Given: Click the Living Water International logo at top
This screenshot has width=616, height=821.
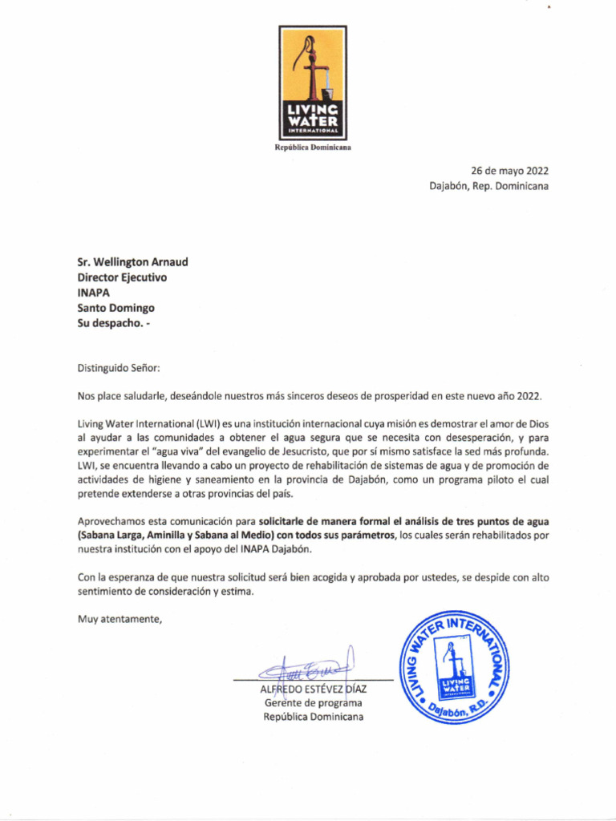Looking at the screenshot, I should pos(313,82).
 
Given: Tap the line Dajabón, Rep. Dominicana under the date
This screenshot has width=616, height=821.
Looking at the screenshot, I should pos(488,186).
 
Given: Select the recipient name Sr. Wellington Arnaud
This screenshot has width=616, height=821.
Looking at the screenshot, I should pos(133,262).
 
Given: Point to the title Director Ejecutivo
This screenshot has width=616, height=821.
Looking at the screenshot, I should pos(122,277).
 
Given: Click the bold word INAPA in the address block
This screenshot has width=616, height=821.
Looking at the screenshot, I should pos(93,293).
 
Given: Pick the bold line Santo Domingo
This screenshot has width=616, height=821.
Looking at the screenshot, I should pos(115,308).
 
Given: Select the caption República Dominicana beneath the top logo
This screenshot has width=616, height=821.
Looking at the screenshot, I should pos(313,148).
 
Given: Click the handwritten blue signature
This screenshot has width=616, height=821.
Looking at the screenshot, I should pos(310,667).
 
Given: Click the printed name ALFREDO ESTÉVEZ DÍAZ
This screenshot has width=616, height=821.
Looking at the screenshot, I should pos(314,690).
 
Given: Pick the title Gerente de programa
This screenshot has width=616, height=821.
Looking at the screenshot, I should pos(313,703).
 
